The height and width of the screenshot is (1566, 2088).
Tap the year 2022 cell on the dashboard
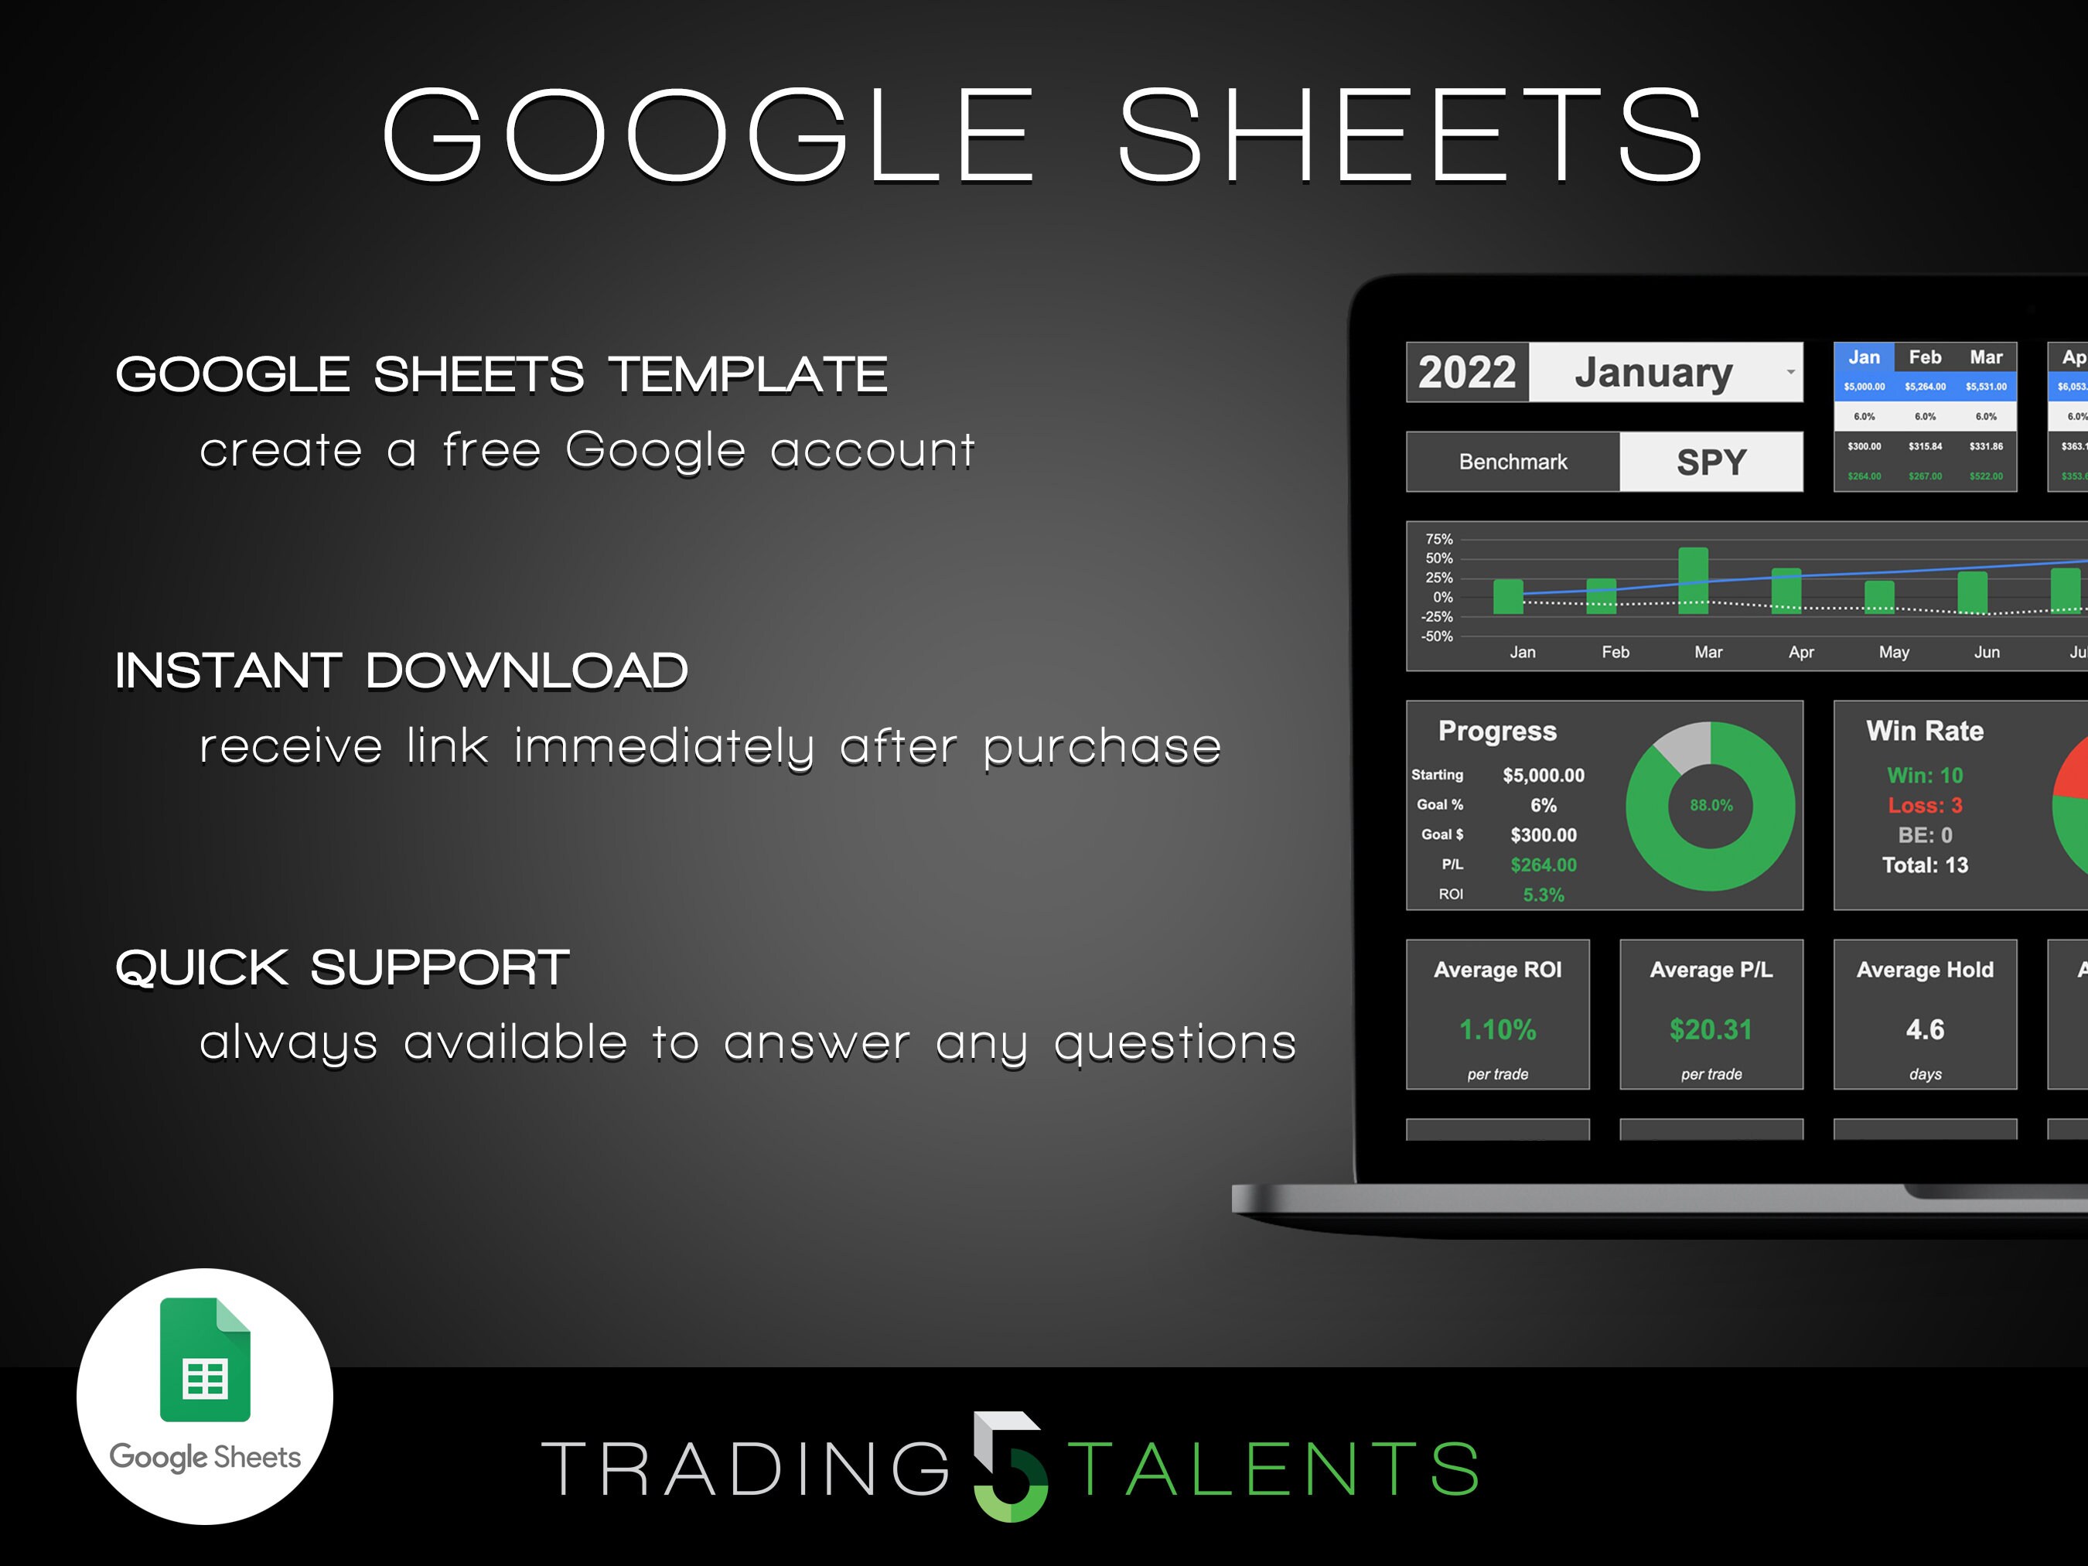pos(1466,372)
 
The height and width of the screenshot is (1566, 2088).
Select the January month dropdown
pos(1665,372)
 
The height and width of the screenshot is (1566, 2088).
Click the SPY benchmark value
pos(1711,462)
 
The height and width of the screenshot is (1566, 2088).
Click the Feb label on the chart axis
pos(1615,652)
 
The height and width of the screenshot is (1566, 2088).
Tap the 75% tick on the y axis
pos(1438,539)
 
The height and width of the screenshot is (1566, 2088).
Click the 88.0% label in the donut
pos(1711,805)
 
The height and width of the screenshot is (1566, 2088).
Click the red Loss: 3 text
pos(1924,805)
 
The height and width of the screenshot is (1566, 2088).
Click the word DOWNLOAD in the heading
pos(526,671)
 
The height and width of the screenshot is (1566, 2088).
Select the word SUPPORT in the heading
pos(439,967)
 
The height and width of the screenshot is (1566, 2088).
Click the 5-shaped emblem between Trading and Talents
pos(1010,1466)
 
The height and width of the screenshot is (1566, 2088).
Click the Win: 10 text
pos(1924,775)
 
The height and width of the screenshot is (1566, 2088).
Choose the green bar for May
pos(1878,596)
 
